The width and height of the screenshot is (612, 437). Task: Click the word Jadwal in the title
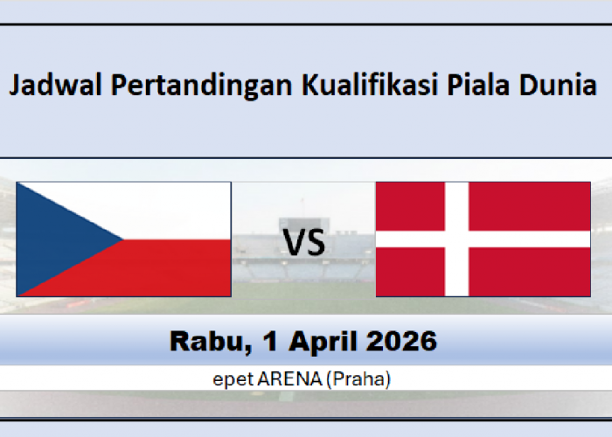(45, 87)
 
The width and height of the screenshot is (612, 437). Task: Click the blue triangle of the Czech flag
(52, 239)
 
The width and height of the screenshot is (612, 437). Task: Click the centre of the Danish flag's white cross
(456, 239)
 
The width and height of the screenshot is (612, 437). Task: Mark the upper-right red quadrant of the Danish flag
(529, 205)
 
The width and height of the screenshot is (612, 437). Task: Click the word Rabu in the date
(205, 341)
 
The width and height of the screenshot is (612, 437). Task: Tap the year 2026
(398, 341)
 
